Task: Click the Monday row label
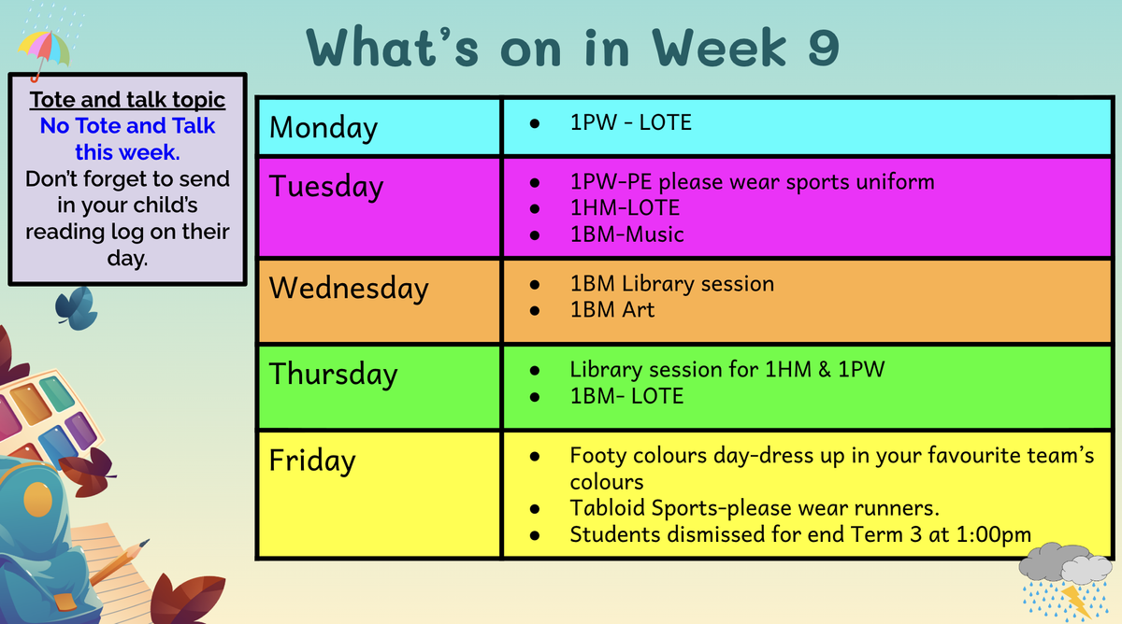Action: (x=324, y=128)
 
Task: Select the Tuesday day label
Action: (x=326, y=187)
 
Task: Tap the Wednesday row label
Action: (x=349, y=289)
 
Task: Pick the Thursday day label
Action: (x=333, y=375)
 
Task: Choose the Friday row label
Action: (x=312, y=461)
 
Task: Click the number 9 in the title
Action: (x=823, y=48)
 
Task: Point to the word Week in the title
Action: (x=719, y=47)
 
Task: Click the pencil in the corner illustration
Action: (x=120, y=562)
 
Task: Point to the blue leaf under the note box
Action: (x=77, y=308)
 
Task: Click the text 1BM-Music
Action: (x=626, y=234)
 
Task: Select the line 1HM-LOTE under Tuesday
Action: (x=625, y=208)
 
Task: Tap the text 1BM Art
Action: (x=612, y=310)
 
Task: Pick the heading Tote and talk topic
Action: (x=127, y=100)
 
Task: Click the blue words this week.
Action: (x=127, y=152)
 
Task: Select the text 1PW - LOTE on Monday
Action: (x=630, y=122)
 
